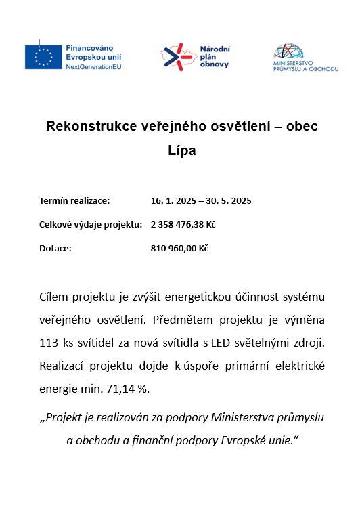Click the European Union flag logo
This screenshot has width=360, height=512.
pos(43,57)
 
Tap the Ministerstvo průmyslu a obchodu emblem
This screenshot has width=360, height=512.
pos(290,51)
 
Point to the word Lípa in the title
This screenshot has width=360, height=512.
pos(181,150)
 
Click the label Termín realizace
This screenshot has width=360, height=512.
pos(74,201)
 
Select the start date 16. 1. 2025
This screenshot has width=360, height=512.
pos(174,201)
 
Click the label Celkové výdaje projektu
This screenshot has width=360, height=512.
pos(91,225)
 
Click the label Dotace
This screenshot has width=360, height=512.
pos(55,249)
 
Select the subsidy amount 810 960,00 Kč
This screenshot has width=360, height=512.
pos(179,249)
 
